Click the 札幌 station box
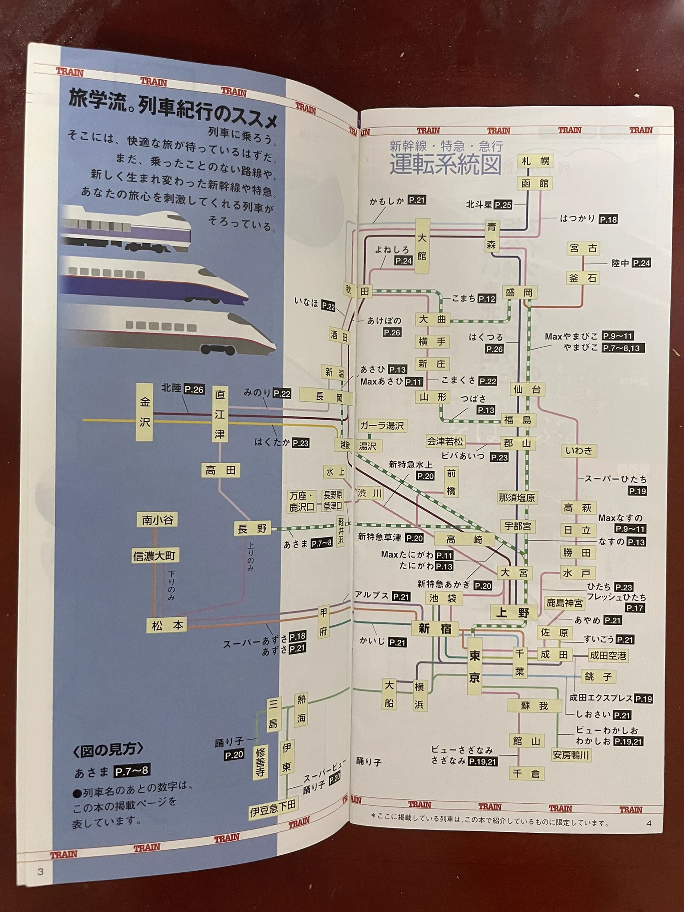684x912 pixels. click(x=535, y=161)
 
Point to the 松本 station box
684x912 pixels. click(x=167, y=625)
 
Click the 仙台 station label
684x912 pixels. click(x=527, y=390)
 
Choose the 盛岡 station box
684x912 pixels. click(x=519, y=293)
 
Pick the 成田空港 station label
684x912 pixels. click(x=608, y=655)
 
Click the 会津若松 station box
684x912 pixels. click(x=445, y=442)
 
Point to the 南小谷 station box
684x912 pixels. click(x=157, y=520)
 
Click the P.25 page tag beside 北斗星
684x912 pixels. click(x=503, y=205)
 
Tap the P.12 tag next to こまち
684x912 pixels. click(x=487, y=299)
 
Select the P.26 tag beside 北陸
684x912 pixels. click(x=194, y=389)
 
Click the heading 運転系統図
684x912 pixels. click(x=445, y=165)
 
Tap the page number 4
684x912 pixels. click(x=649, y=823)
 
